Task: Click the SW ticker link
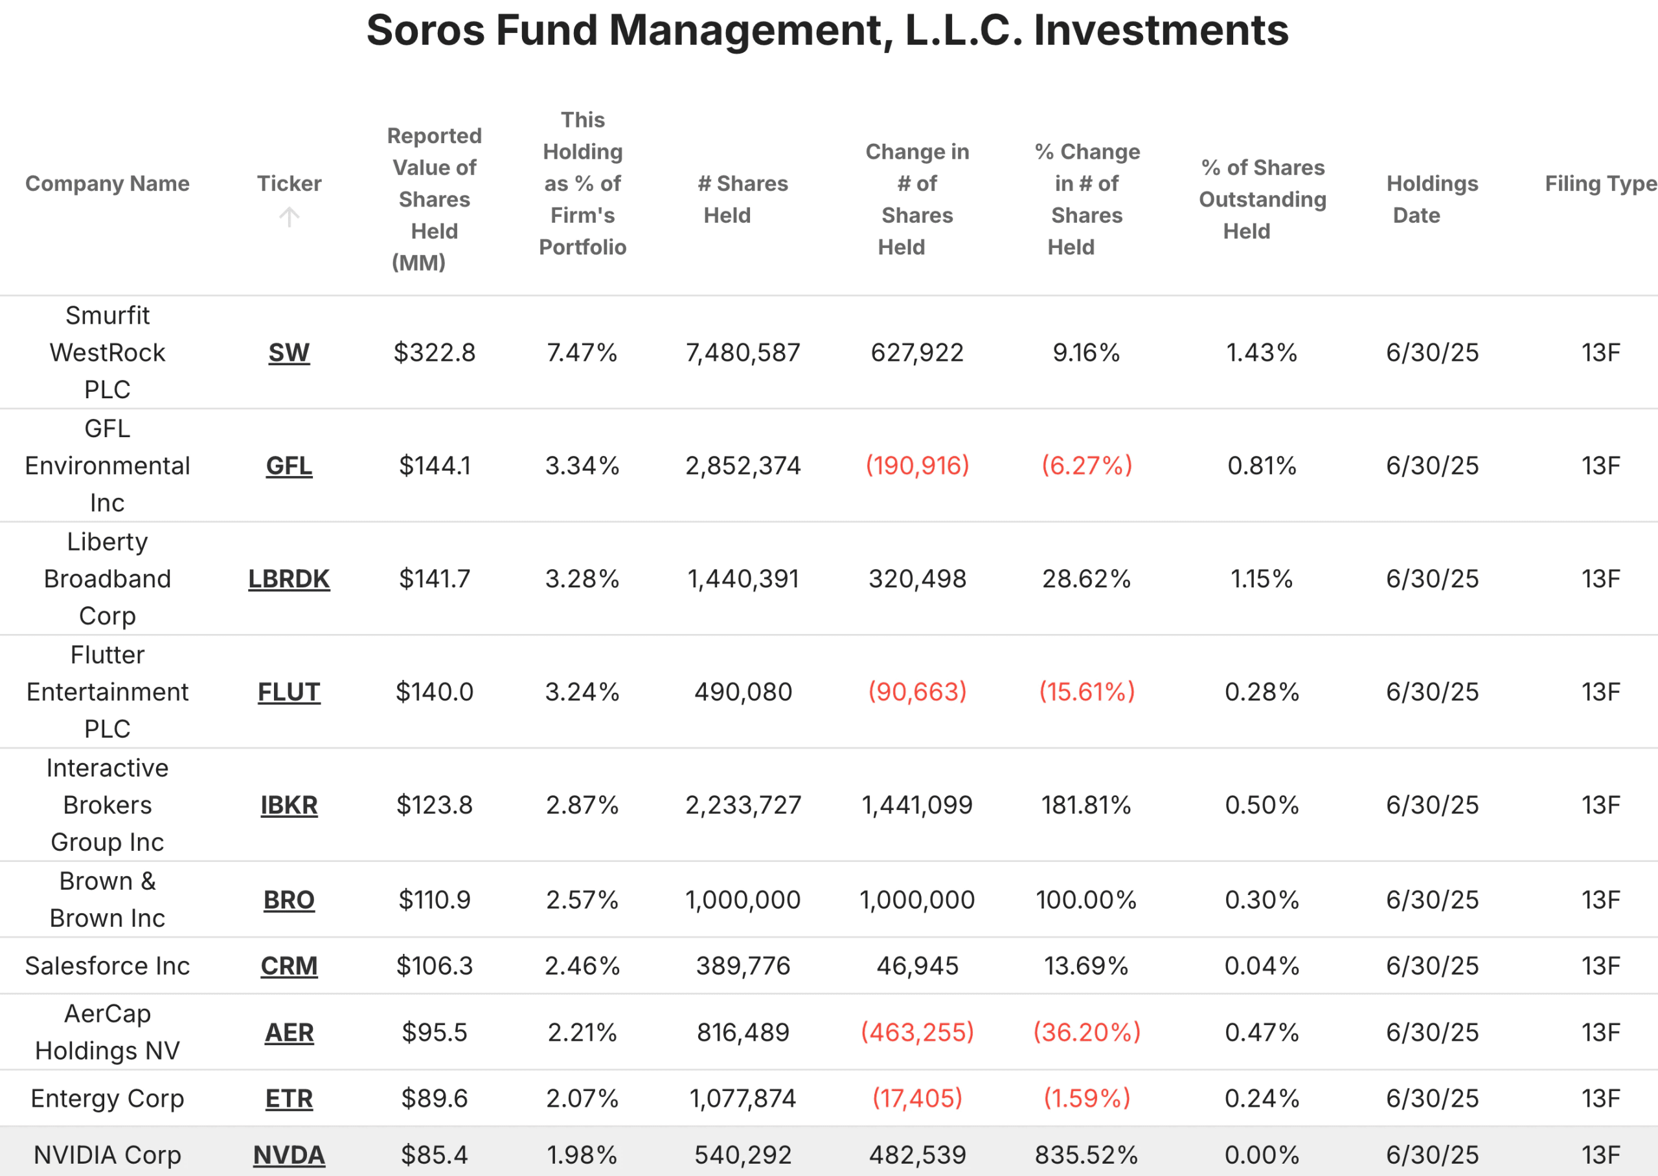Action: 289,353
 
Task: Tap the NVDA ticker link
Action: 289,1154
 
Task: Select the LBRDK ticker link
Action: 289,578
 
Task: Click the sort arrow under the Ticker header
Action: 289,216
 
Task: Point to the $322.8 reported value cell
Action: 435,353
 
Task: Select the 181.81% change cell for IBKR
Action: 1086,804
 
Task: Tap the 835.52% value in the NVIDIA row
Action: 1086,1154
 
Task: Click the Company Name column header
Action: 107,183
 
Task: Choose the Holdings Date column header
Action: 1431,199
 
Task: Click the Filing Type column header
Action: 1600,183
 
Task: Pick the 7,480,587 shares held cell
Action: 743,353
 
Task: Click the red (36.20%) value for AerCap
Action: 1086,1032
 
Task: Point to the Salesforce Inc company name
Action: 107,966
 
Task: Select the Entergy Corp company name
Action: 107,1098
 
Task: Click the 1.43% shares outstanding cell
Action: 1261,353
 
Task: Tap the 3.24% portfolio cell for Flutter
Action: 582,692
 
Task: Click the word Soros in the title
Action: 425,30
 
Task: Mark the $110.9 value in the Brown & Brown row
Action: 435,899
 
